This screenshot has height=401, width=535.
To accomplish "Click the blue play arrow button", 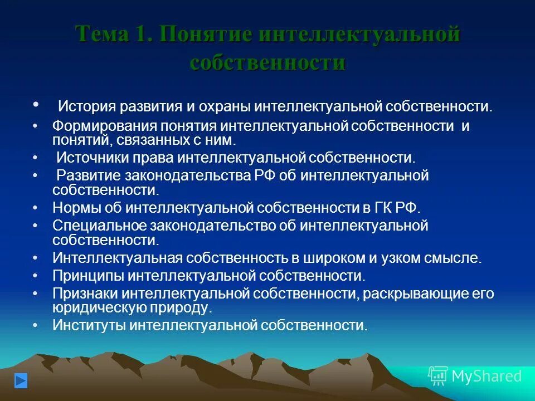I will (21, 381).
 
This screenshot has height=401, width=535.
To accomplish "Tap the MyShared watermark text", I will (487, 376).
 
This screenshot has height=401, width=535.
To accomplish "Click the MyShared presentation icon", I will (438, 376).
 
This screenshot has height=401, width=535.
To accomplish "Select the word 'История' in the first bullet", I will (85, 106).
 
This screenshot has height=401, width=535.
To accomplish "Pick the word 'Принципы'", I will (89, 276).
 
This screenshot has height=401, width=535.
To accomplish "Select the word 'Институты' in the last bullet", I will (89, 325).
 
